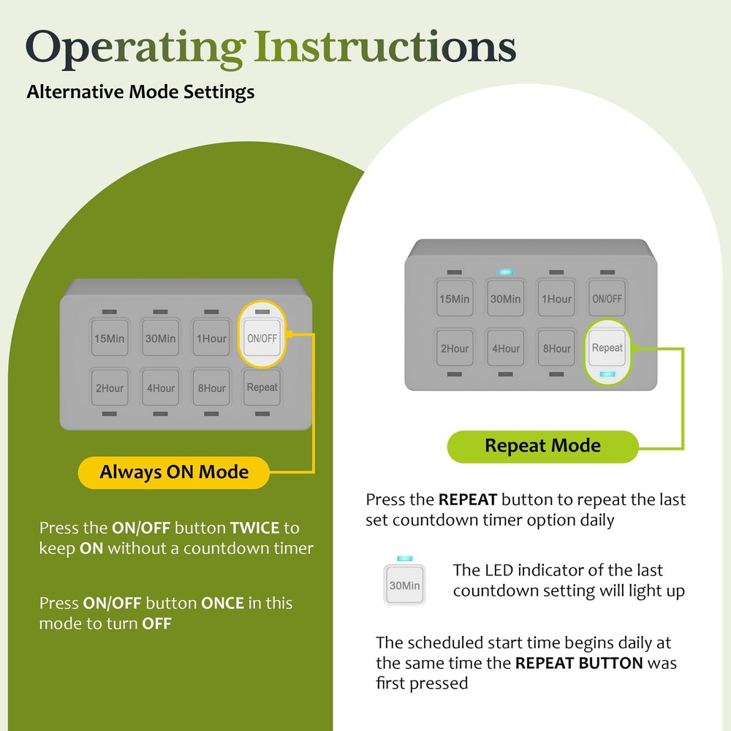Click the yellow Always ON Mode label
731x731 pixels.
[174, 472]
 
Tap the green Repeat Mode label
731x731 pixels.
[542, 446]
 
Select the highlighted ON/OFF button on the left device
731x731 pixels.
[262, 338]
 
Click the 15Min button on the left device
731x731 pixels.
[110, 338]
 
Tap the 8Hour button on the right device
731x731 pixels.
[556, 348]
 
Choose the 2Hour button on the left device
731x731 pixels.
[110, 388]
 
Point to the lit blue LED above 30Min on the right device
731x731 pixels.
[505, 272]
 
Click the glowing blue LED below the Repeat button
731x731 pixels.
[607, 374]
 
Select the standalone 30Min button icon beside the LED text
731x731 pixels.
[404, 585]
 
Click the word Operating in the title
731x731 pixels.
[136, 48]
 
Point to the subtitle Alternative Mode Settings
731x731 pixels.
[140, 92]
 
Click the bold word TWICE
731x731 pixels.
[254, 528]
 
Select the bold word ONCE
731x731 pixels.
[222, 603]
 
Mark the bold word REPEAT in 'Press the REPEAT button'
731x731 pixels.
[468, 499]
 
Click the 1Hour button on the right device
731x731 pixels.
[556, 298]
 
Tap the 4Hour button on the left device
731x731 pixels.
[160, 388]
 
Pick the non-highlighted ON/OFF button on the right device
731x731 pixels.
[607, 298]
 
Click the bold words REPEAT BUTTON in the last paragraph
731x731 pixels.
[579, 663]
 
